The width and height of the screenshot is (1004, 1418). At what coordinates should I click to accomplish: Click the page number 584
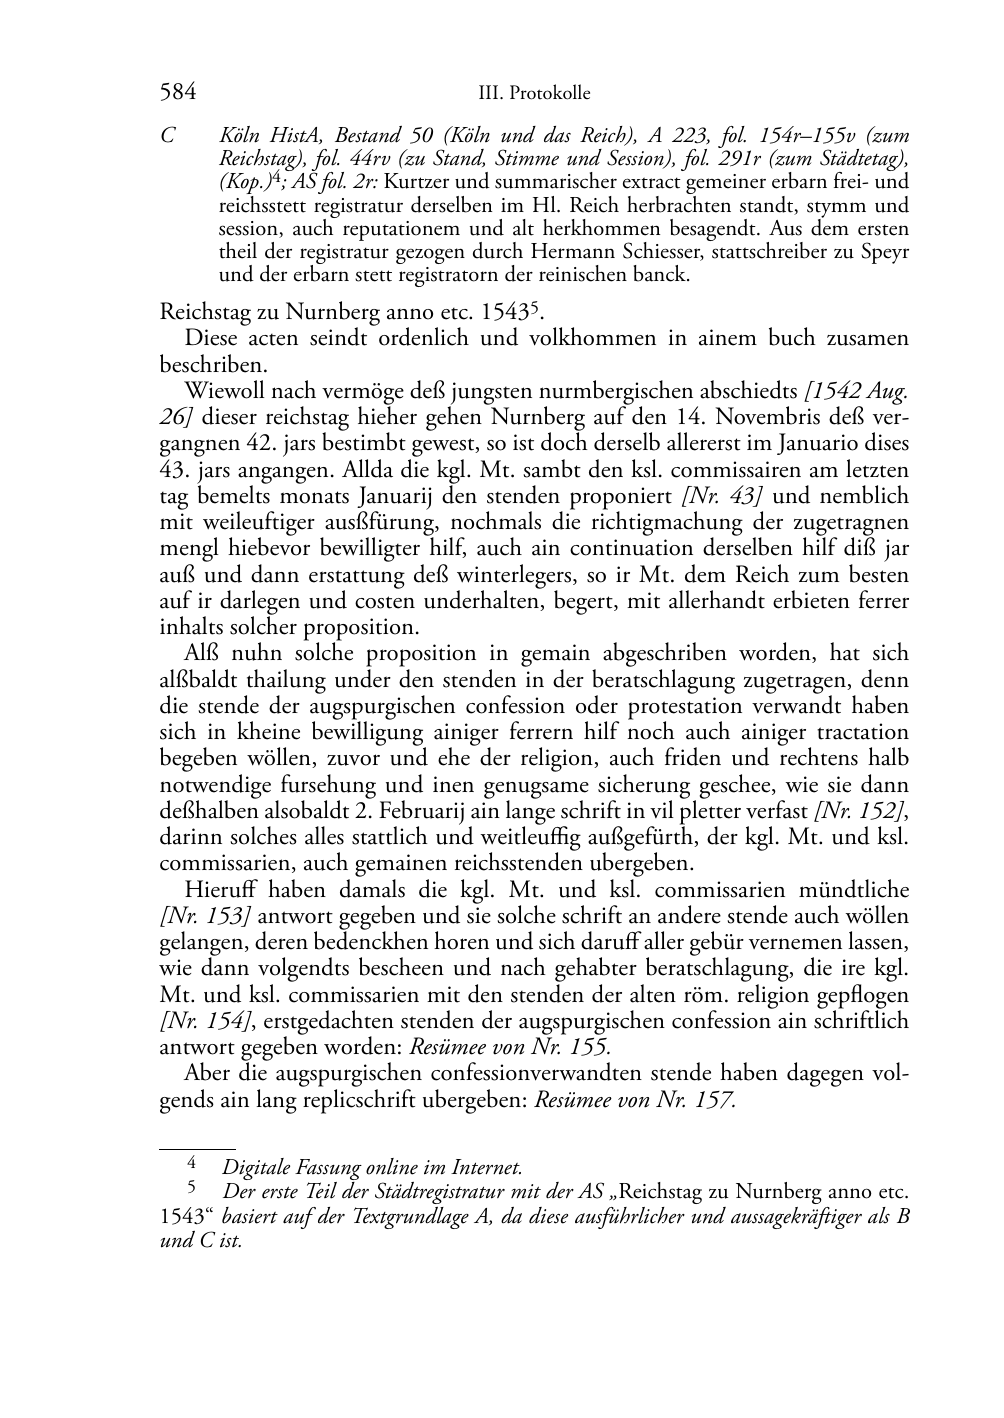pos(178,93)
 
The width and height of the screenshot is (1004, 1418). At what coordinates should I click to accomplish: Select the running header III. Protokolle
pos(534,94)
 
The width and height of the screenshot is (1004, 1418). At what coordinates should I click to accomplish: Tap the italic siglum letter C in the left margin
pos(167,135)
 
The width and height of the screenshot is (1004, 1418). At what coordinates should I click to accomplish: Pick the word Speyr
pos(884,251)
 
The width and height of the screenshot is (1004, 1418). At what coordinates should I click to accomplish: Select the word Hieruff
pos(219,890)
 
